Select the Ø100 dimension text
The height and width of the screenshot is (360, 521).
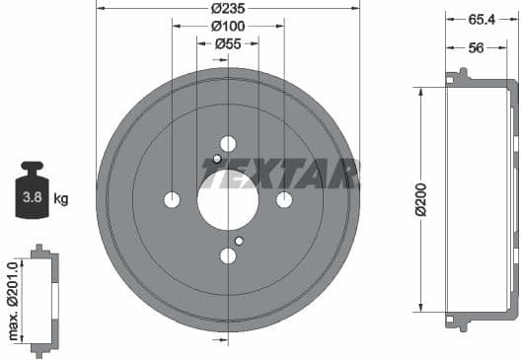[x=228, y=27]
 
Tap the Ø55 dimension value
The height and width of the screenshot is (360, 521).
[x=228, y=43]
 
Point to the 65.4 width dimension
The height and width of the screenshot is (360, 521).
[x=480, y=19]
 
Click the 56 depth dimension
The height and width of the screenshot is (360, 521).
[x=476, y=48]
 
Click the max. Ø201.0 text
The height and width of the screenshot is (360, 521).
[x=14, y=300]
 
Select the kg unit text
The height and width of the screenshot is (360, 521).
[x=61, y=199]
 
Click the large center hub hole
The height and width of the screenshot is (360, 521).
[x=228, y=200]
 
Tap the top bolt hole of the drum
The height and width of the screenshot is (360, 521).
[x=228, y=144]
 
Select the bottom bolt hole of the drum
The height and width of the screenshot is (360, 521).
[x=228, y=256]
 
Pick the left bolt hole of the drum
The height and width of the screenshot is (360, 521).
[x=172, y=200]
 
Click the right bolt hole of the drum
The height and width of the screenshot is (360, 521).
[x=284, y=200]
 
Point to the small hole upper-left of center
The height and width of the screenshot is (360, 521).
[x=217, y=160]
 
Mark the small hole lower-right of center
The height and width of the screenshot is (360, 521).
[x=239, y=241]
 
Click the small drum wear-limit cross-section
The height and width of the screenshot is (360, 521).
[x=39, y=300]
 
